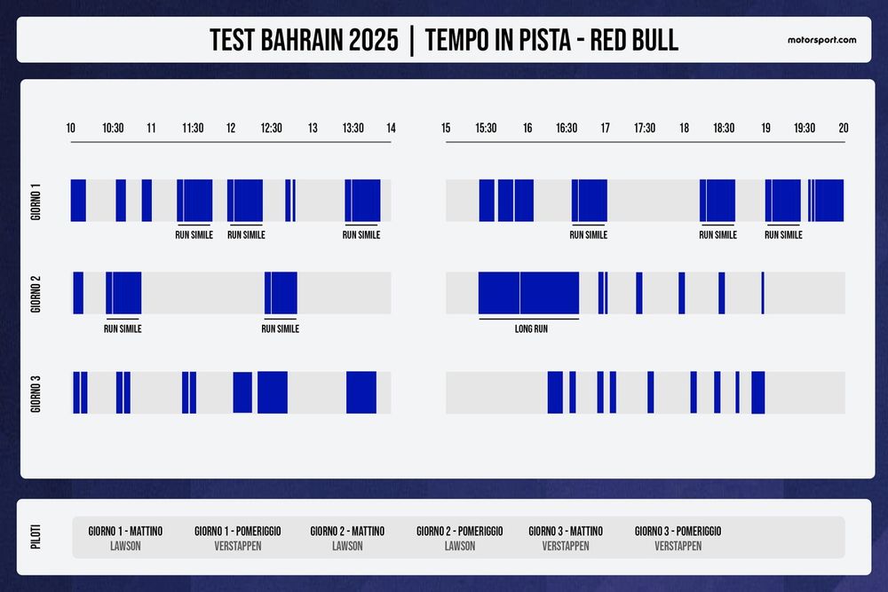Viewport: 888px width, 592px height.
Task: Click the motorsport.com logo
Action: tap(821, 40)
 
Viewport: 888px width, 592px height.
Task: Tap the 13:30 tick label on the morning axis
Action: tap(353, 128)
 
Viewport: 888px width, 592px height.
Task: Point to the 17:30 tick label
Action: tap(645, 128)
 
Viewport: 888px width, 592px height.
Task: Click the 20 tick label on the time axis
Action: tap(843, 128)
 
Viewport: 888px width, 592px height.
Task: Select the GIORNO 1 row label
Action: tap(36, 201)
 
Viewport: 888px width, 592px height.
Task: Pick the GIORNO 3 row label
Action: tap(36, 392)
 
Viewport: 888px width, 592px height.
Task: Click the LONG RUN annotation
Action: tap(531, 328)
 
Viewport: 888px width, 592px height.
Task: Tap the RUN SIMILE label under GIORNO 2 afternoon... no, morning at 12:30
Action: tap(280, 328)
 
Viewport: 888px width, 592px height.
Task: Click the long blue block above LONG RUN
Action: tap(528, 293)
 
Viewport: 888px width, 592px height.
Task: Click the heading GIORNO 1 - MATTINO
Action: tap(125, 531)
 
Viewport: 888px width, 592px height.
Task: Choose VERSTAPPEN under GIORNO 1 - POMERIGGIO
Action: tap(238, 546)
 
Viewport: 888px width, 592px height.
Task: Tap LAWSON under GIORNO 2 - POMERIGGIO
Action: tap(460, 546)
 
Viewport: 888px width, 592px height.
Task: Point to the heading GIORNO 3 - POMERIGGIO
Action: tap(678, 531)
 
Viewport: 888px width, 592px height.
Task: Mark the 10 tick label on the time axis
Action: tap(71, 128)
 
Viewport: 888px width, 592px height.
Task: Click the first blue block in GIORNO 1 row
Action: tap(78, 201)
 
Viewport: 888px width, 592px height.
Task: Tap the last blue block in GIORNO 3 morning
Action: tap(361, 392)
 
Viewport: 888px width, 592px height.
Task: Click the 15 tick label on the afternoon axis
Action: tap(446, 128)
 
